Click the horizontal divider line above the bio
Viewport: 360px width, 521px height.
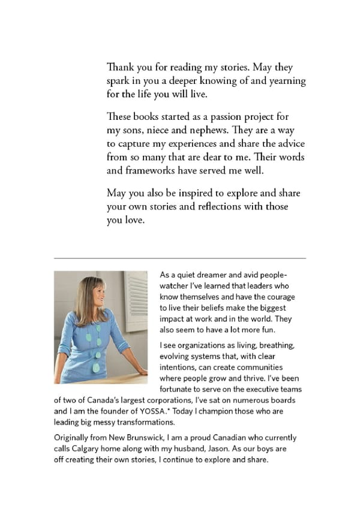click(x=180, y=258)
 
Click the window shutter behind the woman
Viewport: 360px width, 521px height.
click(x=137, y=300)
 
